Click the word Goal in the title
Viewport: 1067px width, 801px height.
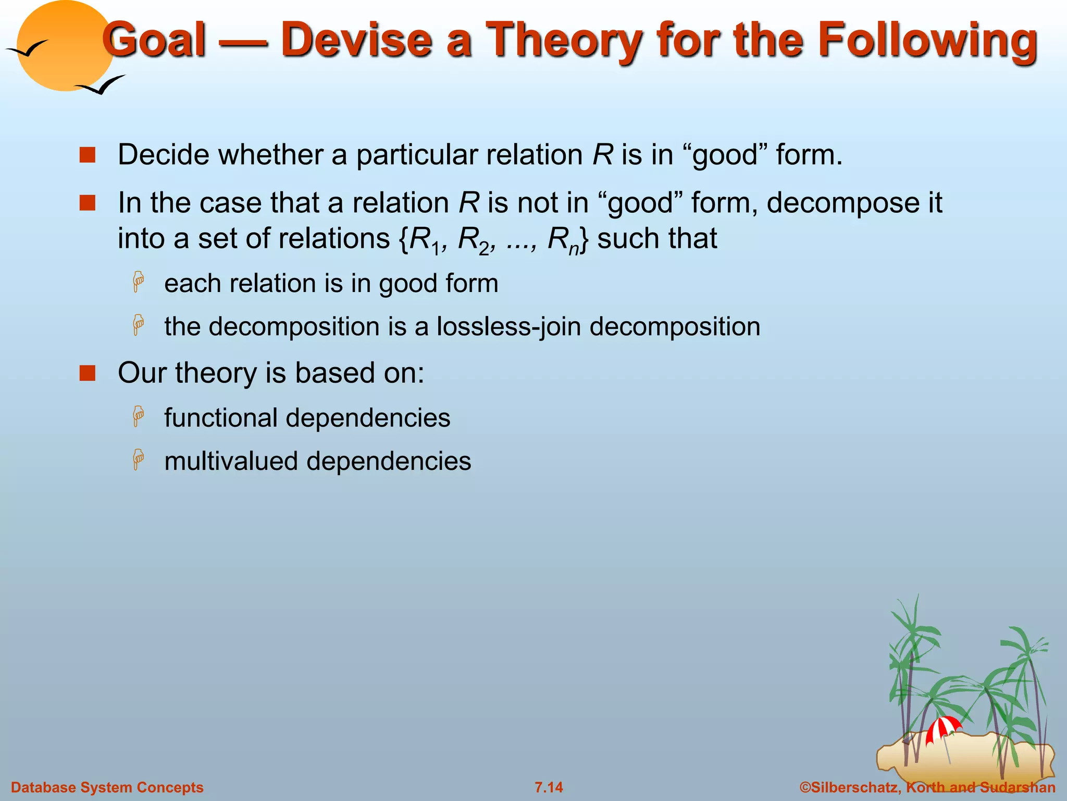(x=155, y=40)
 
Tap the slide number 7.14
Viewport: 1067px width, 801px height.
(x=549, y=787)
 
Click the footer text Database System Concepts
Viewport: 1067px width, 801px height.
(x=107, y=787)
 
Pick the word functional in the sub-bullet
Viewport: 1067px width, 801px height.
(x=221, y=418)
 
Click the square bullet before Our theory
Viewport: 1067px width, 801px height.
(x=88, y=373)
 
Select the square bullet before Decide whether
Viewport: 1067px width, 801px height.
(x=88, y=155)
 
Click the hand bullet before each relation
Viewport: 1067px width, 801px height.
(x=139, y=282)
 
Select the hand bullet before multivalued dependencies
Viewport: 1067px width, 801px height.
(x=139, y=459)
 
